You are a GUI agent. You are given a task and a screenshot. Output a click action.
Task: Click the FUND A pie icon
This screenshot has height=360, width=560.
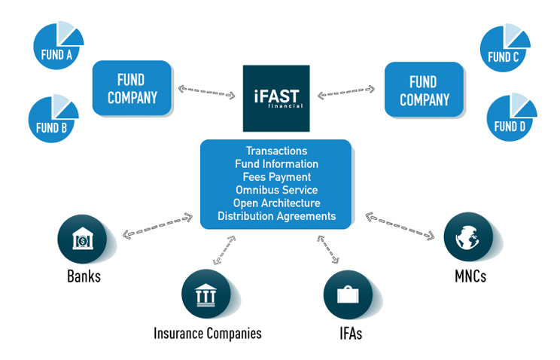pyautogui.click(x=57, y=47)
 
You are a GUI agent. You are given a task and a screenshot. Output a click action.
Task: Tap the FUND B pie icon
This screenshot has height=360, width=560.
pyautogui.click(x=53, y=120)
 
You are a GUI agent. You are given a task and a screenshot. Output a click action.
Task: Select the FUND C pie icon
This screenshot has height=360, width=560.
pyautogui.click(x=504, y=49)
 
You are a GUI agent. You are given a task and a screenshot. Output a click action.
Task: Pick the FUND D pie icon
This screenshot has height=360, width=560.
pyautogui.click(x=511, y=118)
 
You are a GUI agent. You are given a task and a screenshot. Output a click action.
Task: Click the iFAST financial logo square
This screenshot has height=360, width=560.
pyautogui.click(x=276, y=99)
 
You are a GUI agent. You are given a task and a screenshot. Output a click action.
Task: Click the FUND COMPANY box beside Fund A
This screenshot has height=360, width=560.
pyautogui.click(x=132, y=88)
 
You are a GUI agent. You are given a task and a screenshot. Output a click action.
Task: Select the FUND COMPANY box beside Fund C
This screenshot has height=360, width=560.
pyautogui.click(x=424, y=90)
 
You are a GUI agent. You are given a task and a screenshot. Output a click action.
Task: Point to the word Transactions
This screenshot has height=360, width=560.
pyautogui.click(x=276, y=151)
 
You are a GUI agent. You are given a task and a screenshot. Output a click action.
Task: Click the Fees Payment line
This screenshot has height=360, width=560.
pyautogui.click(x=276, y=177)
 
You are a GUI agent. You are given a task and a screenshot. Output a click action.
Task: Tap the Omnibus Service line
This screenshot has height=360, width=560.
pyautogui.click(x=276, y=190)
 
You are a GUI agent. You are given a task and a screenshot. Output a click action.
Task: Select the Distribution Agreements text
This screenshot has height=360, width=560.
pyautogui.click(x=276, y=216)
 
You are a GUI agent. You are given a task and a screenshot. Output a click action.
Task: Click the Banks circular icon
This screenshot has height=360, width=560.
pyautogui.click(x=82, y=239)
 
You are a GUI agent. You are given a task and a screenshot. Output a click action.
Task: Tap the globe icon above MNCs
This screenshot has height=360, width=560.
pyautogui.click(x=468, y=236)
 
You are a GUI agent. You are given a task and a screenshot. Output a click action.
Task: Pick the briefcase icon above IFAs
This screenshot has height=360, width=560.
pyautogui.click(x=348, y=295)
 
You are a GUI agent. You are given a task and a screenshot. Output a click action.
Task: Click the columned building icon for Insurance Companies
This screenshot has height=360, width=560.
pyautogui.click(x=206, y=294)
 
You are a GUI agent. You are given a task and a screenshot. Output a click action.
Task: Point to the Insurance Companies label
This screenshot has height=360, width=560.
pyautogui.click(x=208, y=333)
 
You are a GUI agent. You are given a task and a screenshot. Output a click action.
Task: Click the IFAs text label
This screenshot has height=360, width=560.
pyautogui.click(x=351, y=334)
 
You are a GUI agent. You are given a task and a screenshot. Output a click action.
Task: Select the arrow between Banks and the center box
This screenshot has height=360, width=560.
pyautogui.click(x=157, y=226)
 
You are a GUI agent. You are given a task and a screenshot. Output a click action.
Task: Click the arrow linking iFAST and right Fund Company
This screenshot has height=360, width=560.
pyautogui.click(x=346, y=92)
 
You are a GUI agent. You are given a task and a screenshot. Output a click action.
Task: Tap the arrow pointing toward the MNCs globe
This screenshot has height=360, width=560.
pyautogui.click(x=400, y=226)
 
